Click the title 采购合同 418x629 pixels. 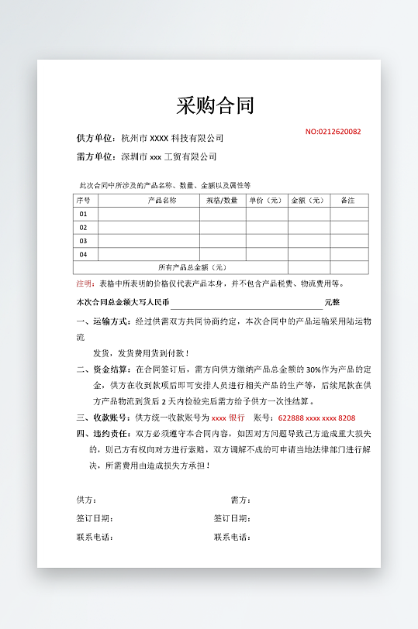pos(215,105)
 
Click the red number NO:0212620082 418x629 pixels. pos(333,132)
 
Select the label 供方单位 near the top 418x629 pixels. pos(96,139)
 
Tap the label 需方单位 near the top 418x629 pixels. pos(96,157)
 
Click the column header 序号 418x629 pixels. pos(83,201)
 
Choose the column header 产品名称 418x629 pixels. pos(162,201)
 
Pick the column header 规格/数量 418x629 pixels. pos(222,201)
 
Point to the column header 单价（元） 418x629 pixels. pos(265,201)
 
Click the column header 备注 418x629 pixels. pos(347,201)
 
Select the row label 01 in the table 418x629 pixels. pos(83,214)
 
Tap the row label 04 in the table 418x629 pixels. pos(83,254)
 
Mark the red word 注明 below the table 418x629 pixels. pos(84,284)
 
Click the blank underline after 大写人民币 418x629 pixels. pos(247,303)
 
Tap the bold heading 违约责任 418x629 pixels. pos(112,434)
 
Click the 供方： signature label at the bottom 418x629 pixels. pos(86,500)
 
